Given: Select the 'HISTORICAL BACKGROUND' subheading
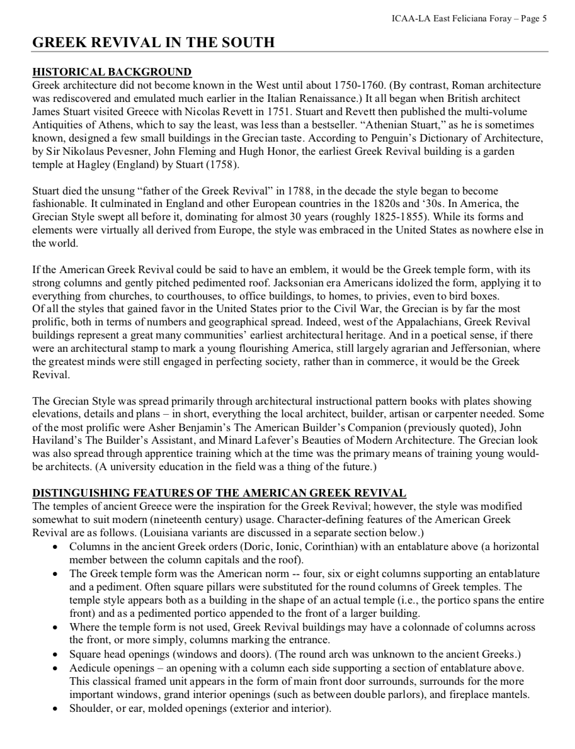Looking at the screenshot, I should click(x=112, y=72).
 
